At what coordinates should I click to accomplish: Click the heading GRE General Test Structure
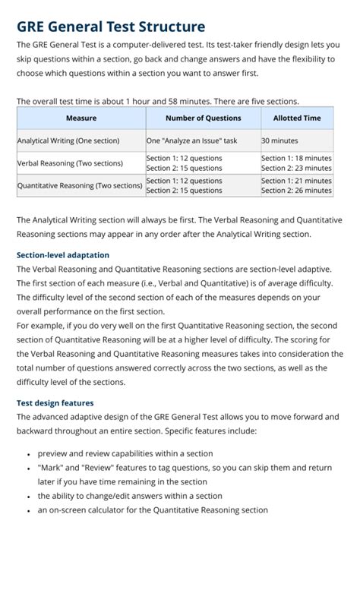click(x=111, y=27)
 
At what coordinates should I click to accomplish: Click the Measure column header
click(x=81, y=118)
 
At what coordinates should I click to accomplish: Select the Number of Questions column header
click(x=203, y=118)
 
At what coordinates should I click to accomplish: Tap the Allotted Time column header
click(x=296, y=118)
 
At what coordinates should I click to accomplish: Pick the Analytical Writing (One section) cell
click(x=68, y=140)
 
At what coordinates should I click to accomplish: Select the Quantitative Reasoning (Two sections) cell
click(x=80, y=185)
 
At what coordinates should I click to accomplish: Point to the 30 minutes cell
click(x=279, y=140)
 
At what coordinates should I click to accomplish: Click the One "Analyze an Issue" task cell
click(x=191, y=140)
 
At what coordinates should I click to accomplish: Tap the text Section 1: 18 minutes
click(x=296, y=158)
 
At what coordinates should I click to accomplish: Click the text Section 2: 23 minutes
click(x=296, y=168)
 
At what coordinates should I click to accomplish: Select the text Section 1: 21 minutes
click(x=296, y=181)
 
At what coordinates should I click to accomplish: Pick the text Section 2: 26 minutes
click(x=296, y=191)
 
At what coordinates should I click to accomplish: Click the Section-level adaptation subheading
click(x=62, y=255)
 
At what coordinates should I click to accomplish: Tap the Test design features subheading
click(x=55, y=403)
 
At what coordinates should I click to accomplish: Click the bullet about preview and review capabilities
click(x=125, y=453)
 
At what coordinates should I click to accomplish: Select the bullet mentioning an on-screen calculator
click(x=153, y=510)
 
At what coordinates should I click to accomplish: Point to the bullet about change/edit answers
click(x=130, y=496)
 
